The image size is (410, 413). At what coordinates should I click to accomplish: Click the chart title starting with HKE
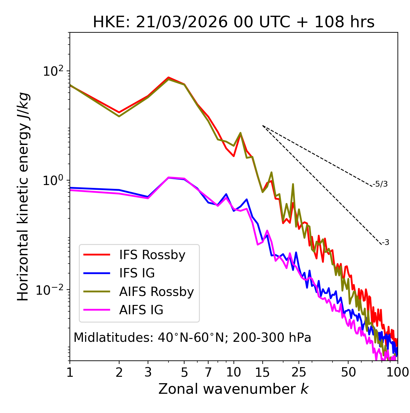pos(234,22)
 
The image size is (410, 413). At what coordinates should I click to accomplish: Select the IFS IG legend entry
pos(137,273)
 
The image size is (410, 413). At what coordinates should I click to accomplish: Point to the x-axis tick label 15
pos(262,372)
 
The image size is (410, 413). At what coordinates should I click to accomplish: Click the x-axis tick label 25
pos(299,372)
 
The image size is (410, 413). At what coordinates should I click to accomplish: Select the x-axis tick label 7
pos(208,372)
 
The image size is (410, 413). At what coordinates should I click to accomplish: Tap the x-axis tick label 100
pos(397,372)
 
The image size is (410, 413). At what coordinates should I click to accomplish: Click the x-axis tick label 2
pos(119,372)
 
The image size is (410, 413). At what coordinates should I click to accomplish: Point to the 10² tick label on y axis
pos(53,71)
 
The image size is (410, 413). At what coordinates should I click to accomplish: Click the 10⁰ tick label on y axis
pos(53,181)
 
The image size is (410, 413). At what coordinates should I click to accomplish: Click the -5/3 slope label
pos(380,184)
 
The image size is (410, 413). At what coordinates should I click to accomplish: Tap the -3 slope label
pos(385,242)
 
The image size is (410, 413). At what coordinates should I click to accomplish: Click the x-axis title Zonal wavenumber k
pos(234,389)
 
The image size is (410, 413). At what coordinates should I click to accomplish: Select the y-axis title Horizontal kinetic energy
pos(23,197)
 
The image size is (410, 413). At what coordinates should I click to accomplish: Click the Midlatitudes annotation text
pos(192,338)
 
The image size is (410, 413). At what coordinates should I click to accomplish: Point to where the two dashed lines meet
pos(263,126)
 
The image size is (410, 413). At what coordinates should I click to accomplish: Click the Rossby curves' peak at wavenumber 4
pos(168,78)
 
